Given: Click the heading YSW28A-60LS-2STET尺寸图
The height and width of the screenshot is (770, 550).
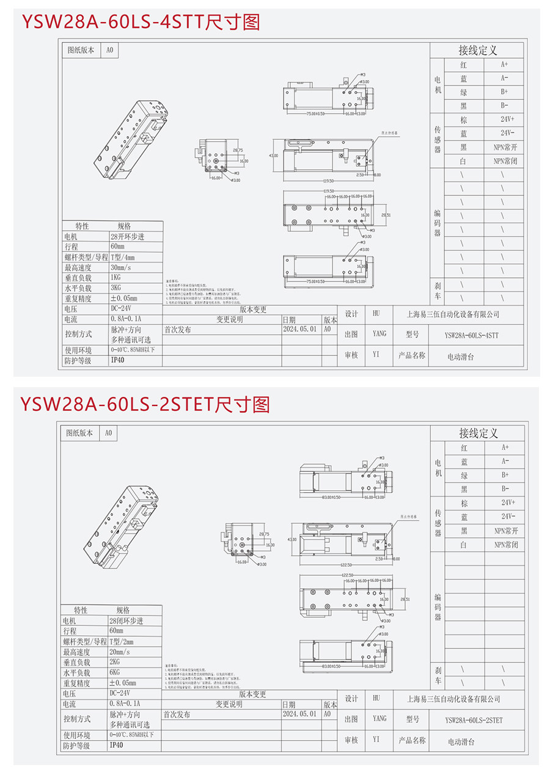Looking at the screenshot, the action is coord(145,404).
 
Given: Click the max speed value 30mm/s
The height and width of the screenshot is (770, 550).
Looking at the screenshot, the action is coord(122,267).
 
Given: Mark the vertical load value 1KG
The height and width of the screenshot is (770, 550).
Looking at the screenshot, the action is coord(116,277).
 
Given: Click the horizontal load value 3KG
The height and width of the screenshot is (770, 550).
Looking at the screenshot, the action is coord(116,288).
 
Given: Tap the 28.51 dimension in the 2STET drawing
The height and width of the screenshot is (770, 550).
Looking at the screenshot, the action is coord(404,599).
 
